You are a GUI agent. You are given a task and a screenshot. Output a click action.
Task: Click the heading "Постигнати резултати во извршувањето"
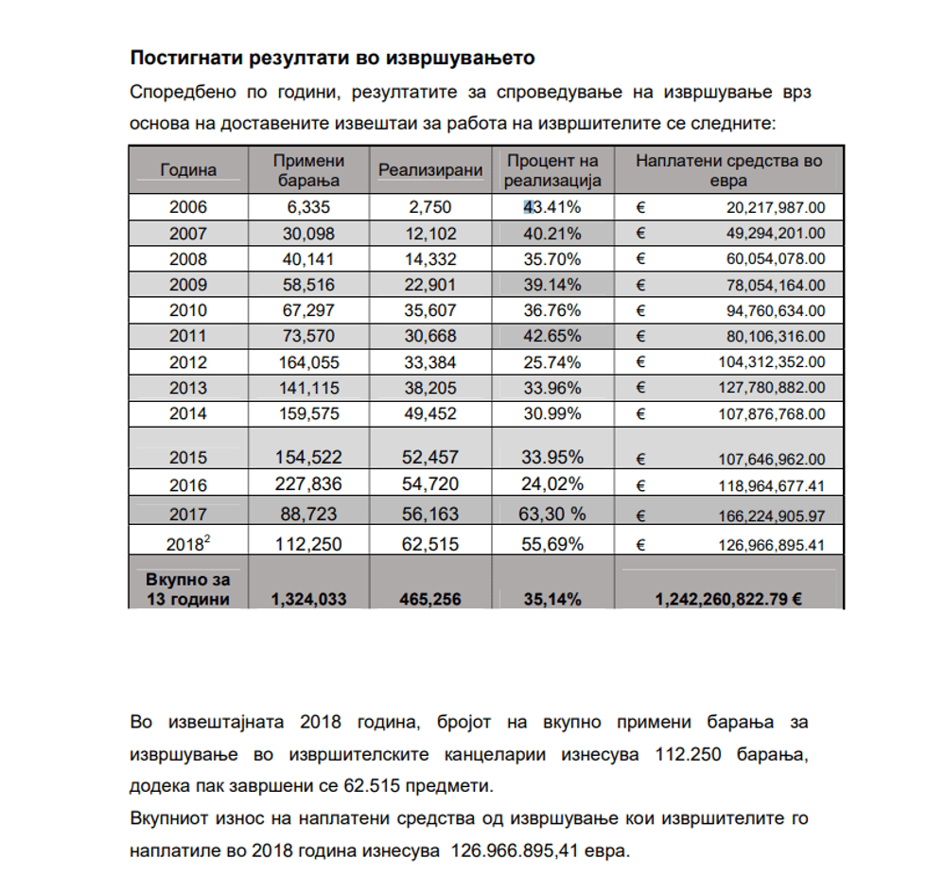point(332,58)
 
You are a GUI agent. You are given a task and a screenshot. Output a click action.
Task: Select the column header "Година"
point(188,170)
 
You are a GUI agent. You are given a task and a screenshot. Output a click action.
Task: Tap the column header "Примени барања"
point(308,170)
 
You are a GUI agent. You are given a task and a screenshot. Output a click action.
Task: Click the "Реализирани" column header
point(430,170)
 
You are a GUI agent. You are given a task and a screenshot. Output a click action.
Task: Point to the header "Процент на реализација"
point(552,170)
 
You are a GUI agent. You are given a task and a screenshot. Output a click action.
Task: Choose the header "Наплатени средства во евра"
point(728,170)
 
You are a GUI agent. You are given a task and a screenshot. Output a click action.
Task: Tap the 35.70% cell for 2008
point(552,259)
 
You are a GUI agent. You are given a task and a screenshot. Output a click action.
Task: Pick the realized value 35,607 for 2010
point(430,310)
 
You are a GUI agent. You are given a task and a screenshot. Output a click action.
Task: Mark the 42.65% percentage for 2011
point(552,336)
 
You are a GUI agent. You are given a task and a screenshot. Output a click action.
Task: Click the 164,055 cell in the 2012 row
point(308,361)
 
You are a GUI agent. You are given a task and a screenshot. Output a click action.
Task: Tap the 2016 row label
point(188,485)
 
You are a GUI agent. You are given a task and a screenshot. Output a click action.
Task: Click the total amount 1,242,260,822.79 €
point(728,599)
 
